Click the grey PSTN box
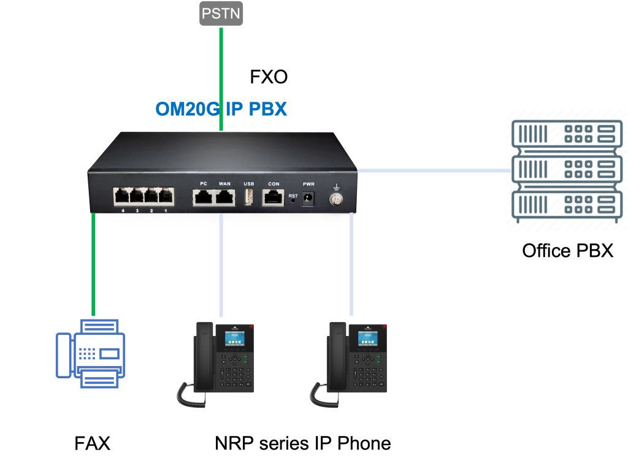tap(221, 13)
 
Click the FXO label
tap(269, 77)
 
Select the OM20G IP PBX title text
tap(221, 109)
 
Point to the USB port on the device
tap(249, 197)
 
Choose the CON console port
tap(273, 198)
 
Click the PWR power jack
tap(308, 198)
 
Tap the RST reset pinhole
tap(293, 201)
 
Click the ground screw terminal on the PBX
tap(335, 199)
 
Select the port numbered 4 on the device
tap(122, 196)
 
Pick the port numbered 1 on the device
tap(166, 196)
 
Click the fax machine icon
tap(91, 354)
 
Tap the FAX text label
tap(92, 443)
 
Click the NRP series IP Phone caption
tap(303, 443)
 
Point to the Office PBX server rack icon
tap(567, 171)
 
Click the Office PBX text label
tap(567, 251)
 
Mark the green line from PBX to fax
tap(93, 264)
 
